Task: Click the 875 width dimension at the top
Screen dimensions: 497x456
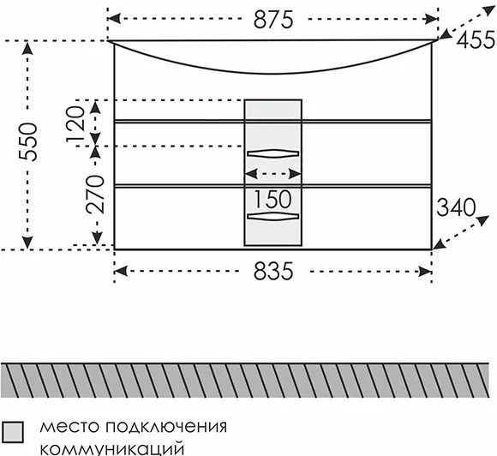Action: coord(273,20)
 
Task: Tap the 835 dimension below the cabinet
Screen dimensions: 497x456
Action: coord(273,272)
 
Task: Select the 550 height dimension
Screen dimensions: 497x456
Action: coord(28,141)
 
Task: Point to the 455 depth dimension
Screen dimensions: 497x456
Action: coord(476,39)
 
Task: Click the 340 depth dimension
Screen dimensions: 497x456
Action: coord(456,207)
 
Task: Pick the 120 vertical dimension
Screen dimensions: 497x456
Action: coord(75,124)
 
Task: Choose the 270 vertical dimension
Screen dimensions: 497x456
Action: coord(94,194)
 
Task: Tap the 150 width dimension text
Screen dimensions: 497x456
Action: coord(272,200)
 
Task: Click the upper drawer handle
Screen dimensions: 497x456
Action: coord(272,153)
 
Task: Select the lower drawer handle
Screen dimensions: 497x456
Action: coord(272,216)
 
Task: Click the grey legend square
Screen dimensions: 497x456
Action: coord(13,432)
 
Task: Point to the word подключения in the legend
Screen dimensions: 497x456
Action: coord(166,428)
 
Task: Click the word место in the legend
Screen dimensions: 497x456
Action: coord(69,428)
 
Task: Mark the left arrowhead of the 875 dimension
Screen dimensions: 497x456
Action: coord(114,19)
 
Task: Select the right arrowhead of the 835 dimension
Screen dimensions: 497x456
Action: coord(425,272)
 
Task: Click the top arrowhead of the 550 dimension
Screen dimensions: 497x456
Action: coord(28,48)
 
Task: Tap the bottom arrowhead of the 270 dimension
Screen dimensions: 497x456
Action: coord(97,238)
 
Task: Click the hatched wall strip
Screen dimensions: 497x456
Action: coord(245,381)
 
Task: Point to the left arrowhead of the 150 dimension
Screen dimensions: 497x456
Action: coord(251,174)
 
